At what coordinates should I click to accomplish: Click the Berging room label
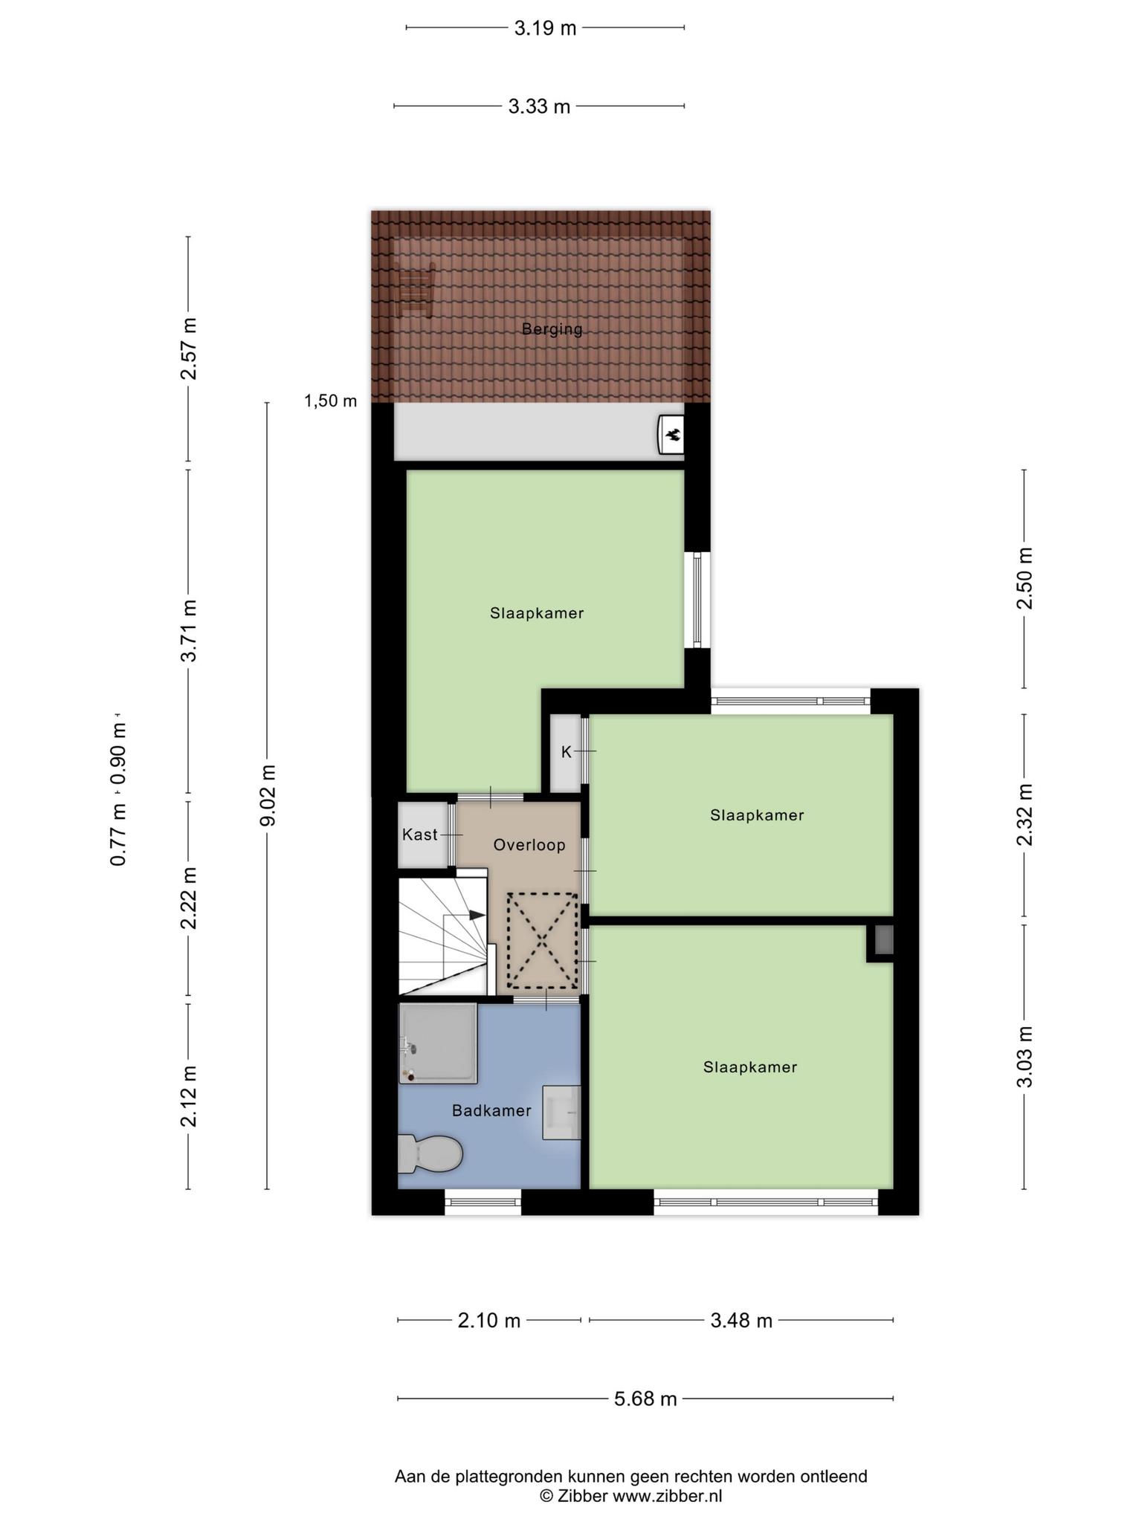coord(552,328)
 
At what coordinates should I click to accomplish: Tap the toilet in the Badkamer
coord(430,1153)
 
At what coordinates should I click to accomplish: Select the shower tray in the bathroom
coord(438,1043)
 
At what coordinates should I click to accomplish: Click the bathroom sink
coord(561,1112)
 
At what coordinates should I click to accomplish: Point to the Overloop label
coord(529,845)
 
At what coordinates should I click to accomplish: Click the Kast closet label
coord(420,835)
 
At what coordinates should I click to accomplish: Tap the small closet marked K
coord(565,753)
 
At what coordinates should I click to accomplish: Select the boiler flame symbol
coord(672,434)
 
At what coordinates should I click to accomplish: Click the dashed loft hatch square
coord(542,941)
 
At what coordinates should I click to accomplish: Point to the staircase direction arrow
coord(477,915)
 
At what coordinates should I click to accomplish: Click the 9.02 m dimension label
coord(268,795)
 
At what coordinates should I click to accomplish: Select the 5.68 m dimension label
coord(645,1399)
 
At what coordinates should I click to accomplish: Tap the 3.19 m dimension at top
coord(545,28)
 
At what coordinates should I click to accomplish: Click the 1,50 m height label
coord(330,401)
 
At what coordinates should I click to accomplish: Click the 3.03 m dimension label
coord(1025,1056)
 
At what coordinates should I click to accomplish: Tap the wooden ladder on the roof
coord(415,290)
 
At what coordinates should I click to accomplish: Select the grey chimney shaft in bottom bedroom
coord(883,941)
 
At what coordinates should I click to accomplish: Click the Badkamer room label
coord(491,1110)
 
